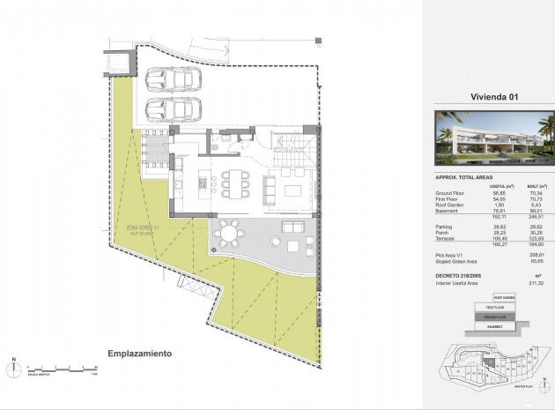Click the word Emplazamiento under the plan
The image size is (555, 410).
pos(139,354)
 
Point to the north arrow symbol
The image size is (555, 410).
pos(14,366)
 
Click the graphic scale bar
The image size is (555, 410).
pos(59,366)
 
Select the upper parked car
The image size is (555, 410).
pos(173,78)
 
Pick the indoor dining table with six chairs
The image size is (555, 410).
pos(229,183)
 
